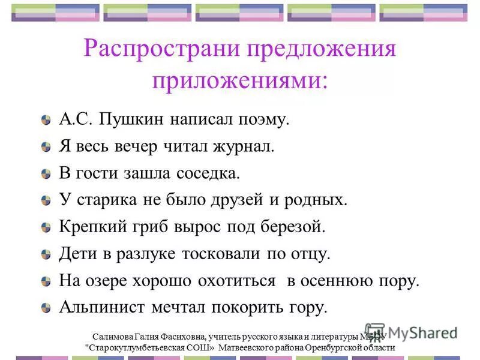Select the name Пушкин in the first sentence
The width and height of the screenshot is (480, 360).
click(x=128, y=120)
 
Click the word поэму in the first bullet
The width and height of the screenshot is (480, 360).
click(x=266, y=120)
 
